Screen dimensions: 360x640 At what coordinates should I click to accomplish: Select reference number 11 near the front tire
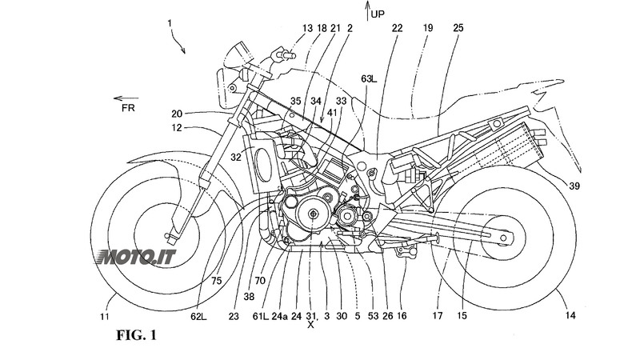coord(107,317)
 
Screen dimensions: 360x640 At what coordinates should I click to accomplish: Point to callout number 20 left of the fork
coord(177,113)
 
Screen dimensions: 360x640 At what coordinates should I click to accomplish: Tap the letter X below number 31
coord(310,326)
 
